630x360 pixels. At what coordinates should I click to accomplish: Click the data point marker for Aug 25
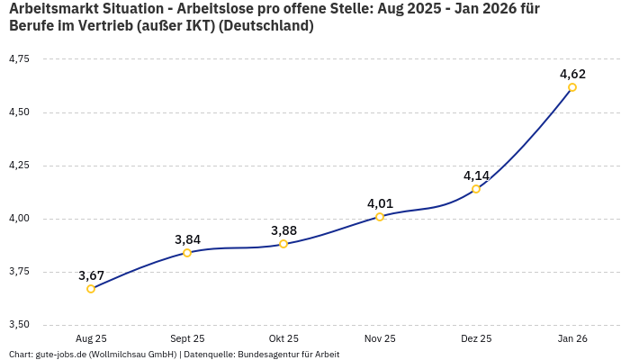pos(91,289)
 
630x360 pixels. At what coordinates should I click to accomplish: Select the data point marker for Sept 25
pos(187,253)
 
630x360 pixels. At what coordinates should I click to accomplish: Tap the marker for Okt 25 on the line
pos(283,244)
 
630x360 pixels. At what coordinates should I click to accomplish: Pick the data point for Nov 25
pos(380,217)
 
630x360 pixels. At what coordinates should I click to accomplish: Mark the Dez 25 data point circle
pos(476,189)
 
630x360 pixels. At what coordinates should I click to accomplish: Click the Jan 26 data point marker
pos(572,87)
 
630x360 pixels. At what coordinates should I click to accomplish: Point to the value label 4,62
pos(572,74)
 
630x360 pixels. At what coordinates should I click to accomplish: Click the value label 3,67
pos(91,275)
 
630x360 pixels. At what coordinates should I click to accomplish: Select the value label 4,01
pos(380,203)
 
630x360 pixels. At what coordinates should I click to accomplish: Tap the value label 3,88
pos(283,230)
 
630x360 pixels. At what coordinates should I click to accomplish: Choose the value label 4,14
pos(476,175)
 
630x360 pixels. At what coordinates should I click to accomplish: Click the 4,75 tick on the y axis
pos(18,59)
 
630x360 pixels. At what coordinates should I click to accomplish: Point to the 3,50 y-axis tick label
pos(18,325)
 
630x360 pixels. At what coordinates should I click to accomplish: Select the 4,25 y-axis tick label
pos(18,166)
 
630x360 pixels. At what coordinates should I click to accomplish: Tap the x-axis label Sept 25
pos(187,338)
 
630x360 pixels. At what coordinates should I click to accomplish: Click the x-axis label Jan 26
pos(572,338)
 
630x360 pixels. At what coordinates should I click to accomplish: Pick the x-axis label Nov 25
pos(380,338)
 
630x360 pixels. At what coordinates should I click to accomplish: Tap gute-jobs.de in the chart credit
pos(60,354)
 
